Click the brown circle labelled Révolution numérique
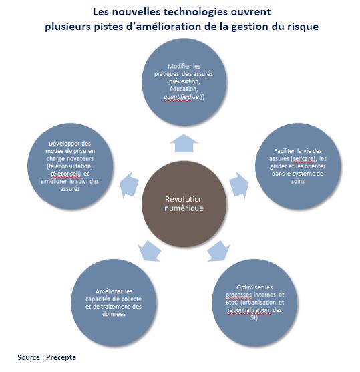pyautogui.click(x=184, y=204)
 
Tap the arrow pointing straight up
pyautogui.click(x=184, y=144)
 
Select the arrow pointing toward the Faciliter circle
pyautogui.click(x=238, y=185)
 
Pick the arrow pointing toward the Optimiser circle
pyautogui.click(x=218, y=252)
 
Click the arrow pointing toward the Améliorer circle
pyautogui.click(x=150, y=252)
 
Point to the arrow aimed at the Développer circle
pyautogui.click(x=129, y=185)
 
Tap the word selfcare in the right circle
pyautogui.click(x=303, y=158)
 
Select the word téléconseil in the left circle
pyautogui.click(x=65, y=174)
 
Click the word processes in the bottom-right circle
pyautogui.click(x=238, y=295)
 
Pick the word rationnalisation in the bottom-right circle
pyautogui.click(x=248, y=310)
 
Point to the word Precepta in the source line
pyautogui.click(x=61, y=357)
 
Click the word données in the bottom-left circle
pyautogui.click(x=114, y=314)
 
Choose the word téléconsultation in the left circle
pyautogui.click(x=69, y=166)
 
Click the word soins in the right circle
pyautogui.click(x=298, y=181)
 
